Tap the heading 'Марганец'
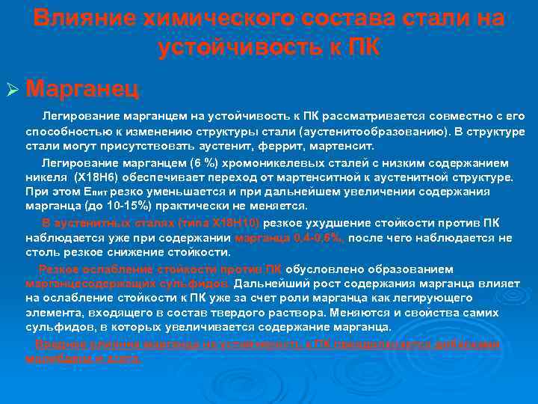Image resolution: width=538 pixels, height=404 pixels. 81,89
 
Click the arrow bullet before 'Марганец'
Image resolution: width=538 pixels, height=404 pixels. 13,90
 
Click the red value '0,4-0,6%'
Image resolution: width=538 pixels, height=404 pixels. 318,238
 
